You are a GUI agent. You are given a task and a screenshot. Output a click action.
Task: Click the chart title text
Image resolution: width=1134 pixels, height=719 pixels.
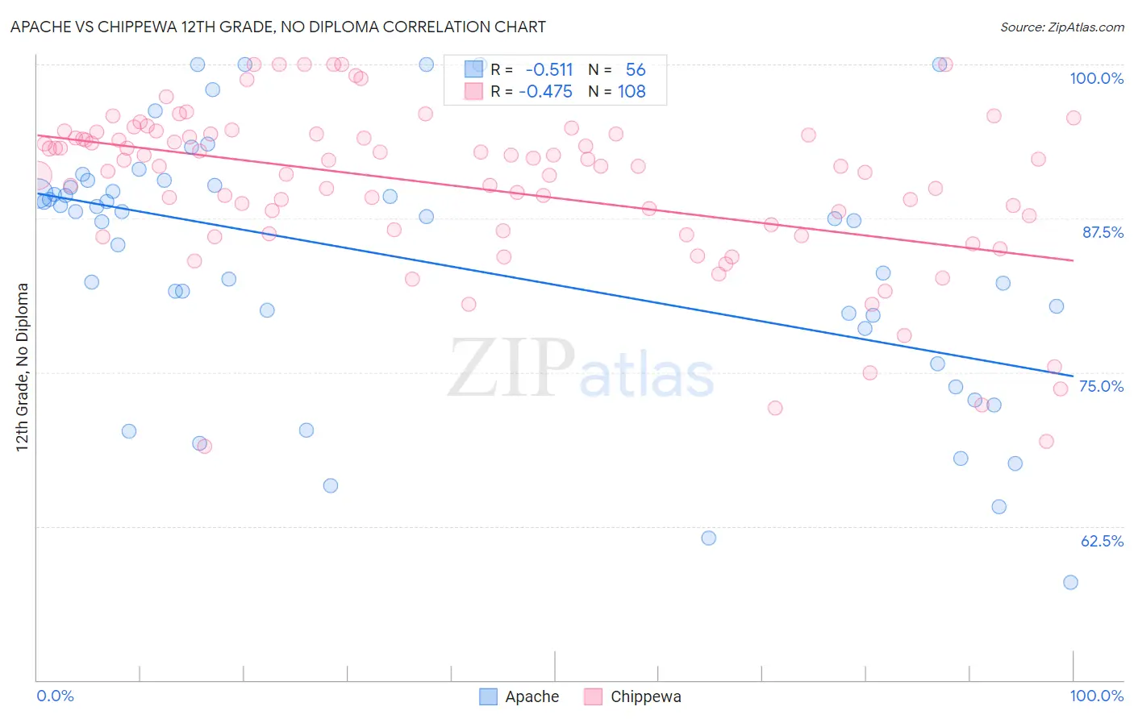tap(278, 27)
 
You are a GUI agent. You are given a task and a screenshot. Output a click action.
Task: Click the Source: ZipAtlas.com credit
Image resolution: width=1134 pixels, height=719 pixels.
tap(1061, 27)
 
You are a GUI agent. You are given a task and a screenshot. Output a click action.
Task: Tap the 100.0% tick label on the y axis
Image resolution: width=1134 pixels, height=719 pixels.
tap(1096, 78)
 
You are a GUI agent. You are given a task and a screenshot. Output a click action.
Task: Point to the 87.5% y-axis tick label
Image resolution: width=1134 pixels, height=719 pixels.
tap(1103, 232)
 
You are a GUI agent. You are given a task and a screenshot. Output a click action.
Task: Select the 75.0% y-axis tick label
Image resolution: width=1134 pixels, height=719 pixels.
tap(1101, 386)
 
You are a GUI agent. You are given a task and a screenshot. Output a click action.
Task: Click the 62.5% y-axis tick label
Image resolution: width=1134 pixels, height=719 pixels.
tap(1102, 541)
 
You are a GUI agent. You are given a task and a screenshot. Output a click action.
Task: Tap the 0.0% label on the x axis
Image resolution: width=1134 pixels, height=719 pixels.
tap(55, 696)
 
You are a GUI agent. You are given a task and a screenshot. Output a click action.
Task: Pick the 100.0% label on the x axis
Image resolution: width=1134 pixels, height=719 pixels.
tap(1096, 696)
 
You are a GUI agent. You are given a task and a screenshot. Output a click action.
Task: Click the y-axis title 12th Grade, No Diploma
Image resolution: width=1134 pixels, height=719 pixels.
tap(23, 367)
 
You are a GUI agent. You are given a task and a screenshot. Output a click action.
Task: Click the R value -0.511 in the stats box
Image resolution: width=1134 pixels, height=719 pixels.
tap(549, 70)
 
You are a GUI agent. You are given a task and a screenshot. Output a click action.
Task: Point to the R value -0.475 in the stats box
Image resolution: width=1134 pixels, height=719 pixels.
tap(546, 92)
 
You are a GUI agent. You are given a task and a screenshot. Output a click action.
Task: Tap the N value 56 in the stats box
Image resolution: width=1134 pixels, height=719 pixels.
tap(636, 70)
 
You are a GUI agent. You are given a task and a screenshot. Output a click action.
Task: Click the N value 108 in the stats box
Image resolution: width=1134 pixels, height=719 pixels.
tap(632, 92)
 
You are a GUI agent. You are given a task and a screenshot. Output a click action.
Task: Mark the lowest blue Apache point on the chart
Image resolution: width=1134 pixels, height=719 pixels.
tap(1070, 582)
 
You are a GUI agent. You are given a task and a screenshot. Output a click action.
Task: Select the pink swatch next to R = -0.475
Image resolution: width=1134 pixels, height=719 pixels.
tap(473, 91)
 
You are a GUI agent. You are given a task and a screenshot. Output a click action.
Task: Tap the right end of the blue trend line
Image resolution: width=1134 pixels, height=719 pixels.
tap(1073, 376)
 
